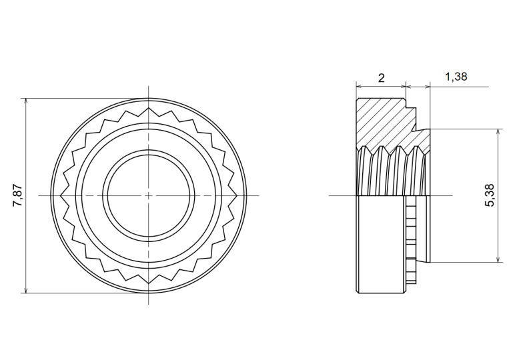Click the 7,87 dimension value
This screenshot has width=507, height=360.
pos(17,195)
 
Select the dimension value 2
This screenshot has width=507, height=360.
pos(381,78)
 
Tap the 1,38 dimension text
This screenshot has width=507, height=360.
pos(456,77)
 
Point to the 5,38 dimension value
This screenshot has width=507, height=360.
pos(490,195)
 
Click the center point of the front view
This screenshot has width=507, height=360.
pos(148,195)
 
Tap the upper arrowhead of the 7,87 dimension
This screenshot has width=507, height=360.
pos(26,101)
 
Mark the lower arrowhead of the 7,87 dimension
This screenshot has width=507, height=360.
pos(26,290)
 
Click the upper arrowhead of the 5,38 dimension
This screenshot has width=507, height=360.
pos(498,133)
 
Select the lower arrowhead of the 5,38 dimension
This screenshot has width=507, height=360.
pos(498,259)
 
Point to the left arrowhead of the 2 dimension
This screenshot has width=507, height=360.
pos(360,86)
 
